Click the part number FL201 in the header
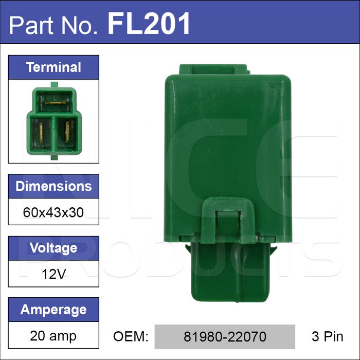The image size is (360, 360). [x=149, y=24]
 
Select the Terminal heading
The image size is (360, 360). [x=53, y=67]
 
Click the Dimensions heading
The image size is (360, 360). [x=53, y=186]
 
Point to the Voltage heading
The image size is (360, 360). [x=53, y=248]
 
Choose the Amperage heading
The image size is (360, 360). [x=53, y=310]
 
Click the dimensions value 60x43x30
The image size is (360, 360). [x=53, y=212]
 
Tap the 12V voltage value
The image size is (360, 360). [x=53, y=274]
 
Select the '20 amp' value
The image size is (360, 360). [x=53, y=336]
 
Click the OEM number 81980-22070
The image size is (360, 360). [x=225, y=336]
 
